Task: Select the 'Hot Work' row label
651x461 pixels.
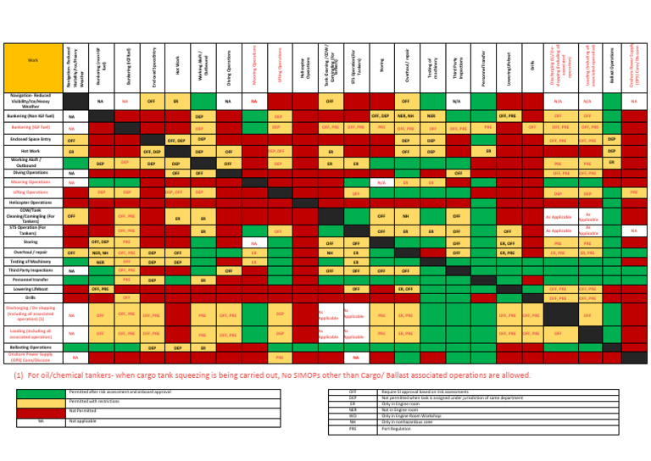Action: (x=31, y=151)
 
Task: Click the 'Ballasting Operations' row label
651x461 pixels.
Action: (x=31, y=347)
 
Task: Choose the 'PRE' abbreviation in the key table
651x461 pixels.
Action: (x=353, y=429)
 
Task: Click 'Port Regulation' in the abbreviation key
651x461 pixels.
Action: (x=397, y=429)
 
